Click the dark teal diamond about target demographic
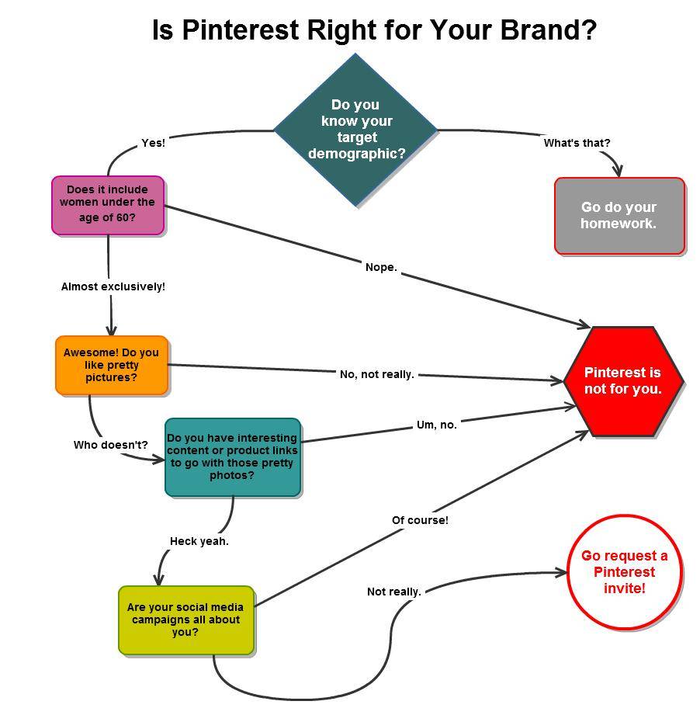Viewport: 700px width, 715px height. pos(356,130)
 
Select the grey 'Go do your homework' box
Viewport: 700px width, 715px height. pos(619,216)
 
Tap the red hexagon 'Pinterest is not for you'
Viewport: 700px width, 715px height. pos(623,381)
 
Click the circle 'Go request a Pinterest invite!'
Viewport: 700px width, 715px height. pos(624,572)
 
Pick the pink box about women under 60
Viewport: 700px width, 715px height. pos(108,205)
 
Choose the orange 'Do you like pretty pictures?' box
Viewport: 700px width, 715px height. pos(111,365)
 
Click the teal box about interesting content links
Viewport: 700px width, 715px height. pos(232,456)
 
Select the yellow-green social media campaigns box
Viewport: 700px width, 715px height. pos(186,620)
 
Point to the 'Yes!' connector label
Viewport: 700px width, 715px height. pos(153,143)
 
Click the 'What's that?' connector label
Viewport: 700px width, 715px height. pos(577,143)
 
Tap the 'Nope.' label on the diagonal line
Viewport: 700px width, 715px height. pos(381,267)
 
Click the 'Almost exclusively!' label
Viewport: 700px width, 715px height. pos(113,286)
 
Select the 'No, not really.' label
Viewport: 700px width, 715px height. pos(377,374)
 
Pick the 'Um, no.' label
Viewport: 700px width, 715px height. pos(437,425)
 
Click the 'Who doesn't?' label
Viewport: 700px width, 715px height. pos(111,445)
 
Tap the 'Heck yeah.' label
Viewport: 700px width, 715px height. pos(199,541)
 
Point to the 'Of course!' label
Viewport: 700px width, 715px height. pos(420,520)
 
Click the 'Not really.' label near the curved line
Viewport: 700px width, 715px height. pos(394,592)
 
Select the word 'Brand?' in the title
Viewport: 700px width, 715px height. pos(549,30)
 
